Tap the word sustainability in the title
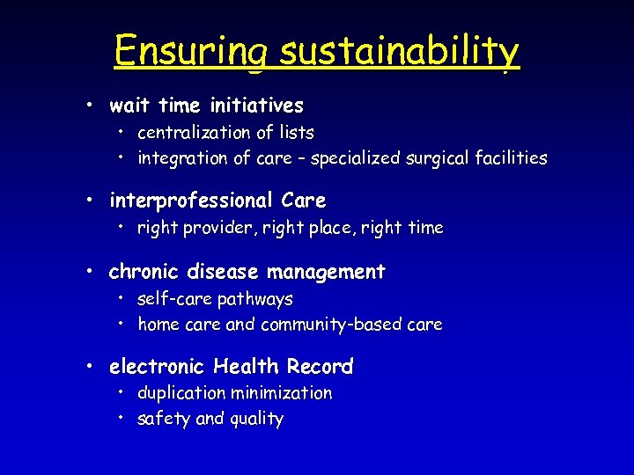[x=400, y=52]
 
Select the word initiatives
[x=257, y=106]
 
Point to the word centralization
[x=194, y=133]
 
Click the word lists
[x=295, y=133]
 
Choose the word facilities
[x=510, y=159]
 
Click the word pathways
[x=255, y=300]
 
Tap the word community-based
[x=331, y=325]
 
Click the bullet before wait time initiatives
[x=91, y=106]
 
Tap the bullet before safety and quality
[x=121, y=419]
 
